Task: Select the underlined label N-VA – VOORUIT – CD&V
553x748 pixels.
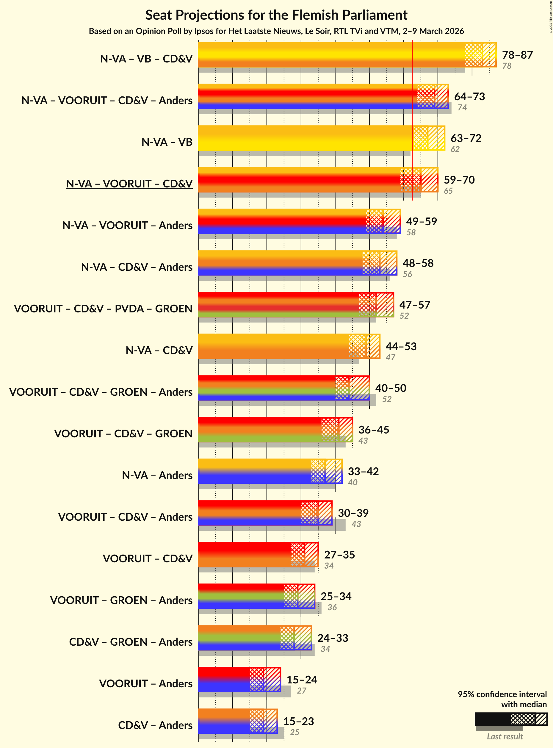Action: (129, 184)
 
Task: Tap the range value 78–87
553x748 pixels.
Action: (517, 54)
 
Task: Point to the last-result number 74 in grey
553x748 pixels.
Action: (462, 107)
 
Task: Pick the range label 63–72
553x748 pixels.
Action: (466, 138)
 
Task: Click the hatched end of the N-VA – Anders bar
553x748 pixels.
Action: (333, 471)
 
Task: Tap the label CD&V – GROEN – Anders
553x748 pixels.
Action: (131, 642)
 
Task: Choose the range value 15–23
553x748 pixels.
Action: (298, 721)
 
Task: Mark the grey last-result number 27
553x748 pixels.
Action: (301, 690)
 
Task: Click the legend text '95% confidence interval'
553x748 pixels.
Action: (502, 694)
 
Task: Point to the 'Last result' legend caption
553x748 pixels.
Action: (505, 736)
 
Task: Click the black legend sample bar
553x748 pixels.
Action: (492, 719)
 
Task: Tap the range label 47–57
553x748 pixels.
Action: (414, 305)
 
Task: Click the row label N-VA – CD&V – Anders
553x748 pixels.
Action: (137, 267)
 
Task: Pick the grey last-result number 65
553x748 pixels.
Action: (448, 191)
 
